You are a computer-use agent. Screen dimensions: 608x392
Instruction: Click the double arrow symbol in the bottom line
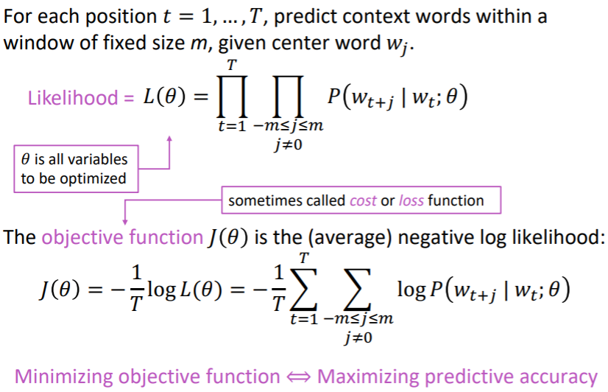coord(298,377)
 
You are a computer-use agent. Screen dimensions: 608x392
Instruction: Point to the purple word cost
coord(362,200)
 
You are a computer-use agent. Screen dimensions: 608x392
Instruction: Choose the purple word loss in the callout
coord(411,200)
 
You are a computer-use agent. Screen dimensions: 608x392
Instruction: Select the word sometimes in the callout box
coord(261,200)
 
